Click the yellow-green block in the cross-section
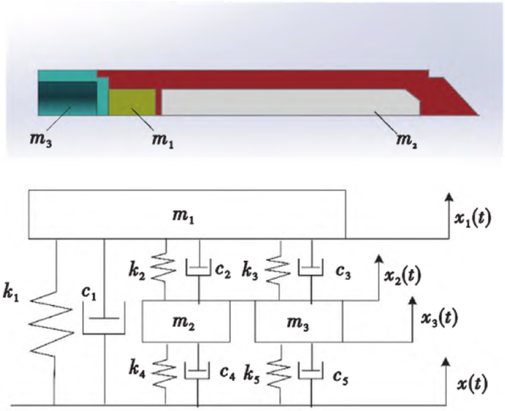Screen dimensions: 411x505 click(132, 102)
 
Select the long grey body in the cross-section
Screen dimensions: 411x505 click(288, 102)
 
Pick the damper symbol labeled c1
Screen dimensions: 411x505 click(105, 323)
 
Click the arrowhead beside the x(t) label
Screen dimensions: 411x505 click(444, 361)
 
